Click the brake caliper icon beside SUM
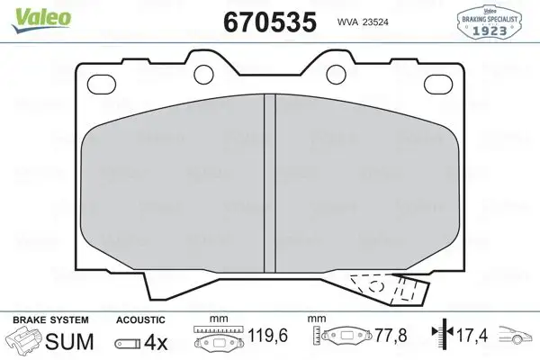28,342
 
